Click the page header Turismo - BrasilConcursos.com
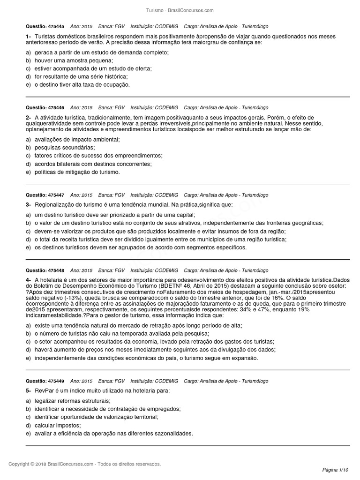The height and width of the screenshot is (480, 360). pyautogui.click(x=180, y=10)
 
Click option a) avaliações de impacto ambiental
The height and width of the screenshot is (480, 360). pyautogui.click(x=73, y=139)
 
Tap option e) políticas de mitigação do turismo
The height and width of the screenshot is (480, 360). pyautogui.click(x=73, y=172)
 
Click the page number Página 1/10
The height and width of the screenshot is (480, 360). pyautogui.click(x=336, y=470)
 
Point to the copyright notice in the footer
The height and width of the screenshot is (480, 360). pyautogui.click(x=85, y=464)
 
